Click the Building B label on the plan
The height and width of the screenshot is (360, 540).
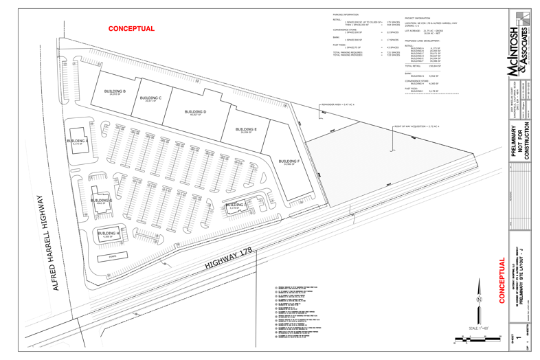(x=115, y=91)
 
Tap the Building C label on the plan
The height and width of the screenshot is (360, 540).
(x=150, y=99)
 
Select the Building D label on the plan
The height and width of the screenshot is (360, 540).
(x=196, y=112)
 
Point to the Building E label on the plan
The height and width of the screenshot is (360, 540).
(x=246, y=130)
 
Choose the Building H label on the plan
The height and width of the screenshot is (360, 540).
(x=108, y=234)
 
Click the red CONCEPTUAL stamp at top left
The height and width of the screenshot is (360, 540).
(x=131, y=29)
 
